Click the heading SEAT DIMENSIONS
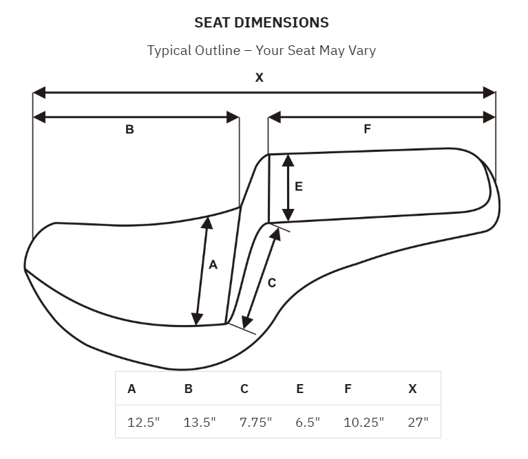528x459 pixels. click(262, 23)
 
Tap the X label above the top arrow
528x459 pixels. click(260, 78)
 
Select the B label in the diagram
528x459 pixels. click(129, 129)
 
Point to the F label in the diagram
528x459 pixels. click(368, 128)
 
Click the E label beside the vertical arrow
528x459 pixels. click(299, 186)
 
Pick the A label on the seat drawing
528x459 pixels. click(213, 265)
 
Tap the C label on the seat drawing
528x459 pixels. click(272, 283)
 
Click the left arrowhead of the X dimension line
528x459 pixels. click(39, 92)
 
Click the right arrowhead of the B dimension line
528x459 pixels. click(233, 117)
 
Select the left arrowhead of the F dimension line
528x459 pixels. click(275, 117)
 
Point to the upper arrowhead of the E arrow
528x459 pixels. click(288, 161)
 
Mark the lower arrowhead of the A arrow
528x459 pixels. click(197, 319)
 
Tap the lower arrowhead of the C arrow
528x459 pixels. click(247, 322)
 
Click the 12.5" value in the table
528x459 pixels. click(143, 423)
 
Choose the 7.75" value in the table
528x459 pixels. click(255, 423)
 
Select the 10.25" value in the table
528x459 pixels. click(363, 423)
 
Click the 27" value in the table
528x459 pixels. click(419, 423)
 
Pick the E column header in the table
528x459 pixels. click(299, 389)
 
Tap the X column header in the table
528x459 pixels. click(412, 389)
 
